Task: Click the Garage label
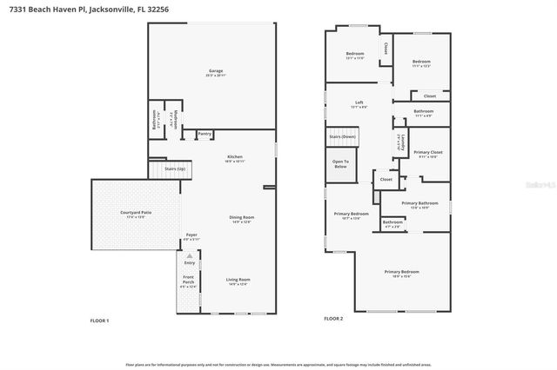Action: coord(216,71)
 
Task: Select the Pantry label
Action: coord(204,134)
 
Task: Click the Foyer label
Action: coord(191,235)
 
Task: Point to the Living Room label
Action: coord(237,280)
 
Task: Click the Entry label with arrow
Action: coord(189,260)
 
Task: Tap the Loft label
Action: coord(359,103)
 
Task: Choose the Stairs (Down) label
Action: coord(342,137)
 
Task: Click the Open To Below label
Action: coord(340,162)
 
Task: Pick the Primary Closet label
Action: coord(431,153)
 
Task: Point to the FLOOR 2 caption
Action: coord(333,320)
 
